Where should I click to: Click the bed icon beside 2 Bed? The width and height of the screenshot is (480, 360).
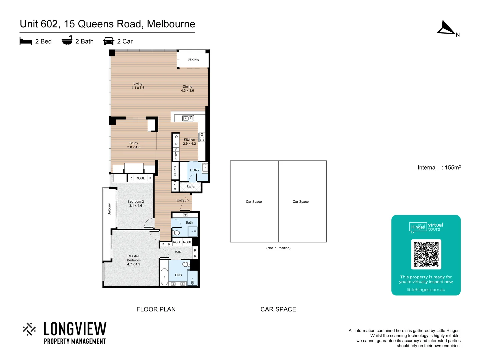[26, 41]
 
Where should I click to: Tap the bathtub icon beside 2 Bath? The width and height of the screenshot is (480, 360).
[67, 40]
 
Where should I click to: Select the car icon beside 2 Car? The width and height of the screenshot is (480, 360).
[109, 41]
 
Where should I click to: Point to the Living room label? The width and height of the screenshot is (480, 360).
[138, 86]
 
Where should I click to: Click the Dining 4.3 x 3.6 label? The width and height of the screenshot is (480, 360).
[187, 88]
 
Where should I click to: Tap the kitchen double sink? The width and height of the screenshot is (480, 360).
[188, 118]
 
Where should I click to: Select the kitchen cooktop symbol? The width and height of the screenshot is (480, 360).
[202, 137]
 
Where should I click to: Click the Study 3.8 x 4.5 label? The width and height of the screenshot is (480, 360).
[134, 145]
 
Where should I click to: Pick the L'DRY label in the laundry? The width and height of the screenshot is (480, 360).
[195, 170]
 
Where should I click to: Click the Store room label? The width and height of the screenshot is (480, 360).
[190, 187]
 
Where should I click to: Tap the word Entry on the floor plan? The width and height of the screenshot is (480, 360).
[180, 200]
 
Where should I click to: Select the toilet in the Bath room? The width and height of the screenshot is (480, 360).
[176, 233]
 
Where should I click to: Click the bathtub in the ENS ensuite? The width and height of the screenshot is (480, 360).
[164, 277]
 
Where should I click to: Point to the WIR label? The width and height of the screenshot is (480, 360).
[178, 252]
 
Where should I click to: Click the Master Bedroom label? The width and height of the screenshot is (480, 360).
[134, 260]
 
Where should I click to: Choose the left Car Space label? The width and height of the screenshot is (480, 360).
[254, 202]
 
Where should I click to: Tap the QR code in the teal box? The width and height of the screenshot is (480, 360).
[426, 254]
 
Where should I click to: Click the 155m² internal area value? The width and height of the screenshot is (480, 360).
[453, 167]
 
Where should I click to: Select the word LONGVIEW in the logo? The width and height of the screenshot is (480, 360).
[75, 329]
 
